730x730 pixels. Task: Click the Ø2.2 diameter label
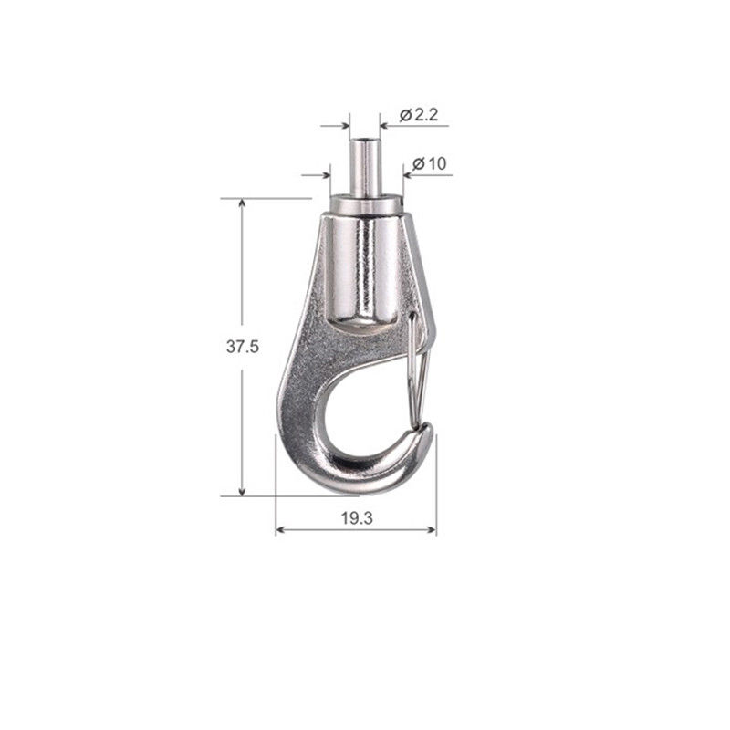tap(419, 115)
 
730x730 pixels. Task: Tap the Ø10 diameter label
tap(429, 164)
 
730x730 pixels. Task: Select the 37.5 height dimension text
tap(242, 347)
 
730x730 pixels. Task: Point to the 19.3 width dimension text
tap(357, 518)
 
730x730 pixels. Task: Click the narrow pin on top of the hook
tap(364, 168)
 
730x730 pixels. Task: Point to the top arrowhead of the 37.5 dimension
tap(242, 203)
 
